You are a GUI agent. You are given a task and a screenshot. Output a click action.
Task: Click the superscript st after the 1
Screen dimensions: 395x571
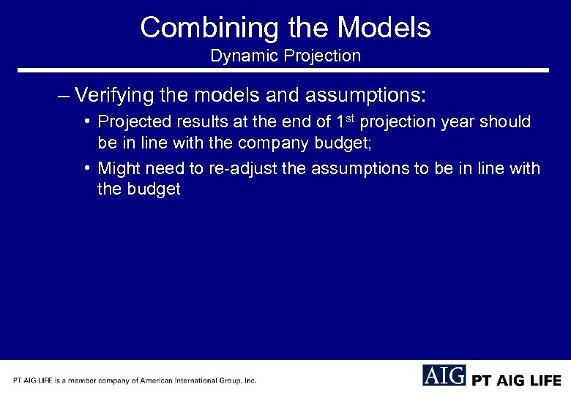(x=350, y=117)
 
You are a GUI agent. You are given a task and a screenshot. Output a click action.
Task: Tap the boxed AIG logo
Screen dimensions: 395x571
(x=444, y=376)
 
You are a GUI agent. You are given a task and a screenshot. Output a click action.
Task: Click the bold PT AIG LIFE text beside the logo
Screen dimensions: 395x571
(x=517, y=380)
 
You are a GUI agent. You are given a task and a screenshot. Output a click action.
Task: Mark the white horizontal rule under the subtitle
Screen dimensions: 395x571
(x=283, y=70)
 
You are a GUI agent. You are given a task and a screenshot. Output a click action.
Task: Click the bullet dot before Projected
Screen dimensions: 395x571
(x=87, y=121)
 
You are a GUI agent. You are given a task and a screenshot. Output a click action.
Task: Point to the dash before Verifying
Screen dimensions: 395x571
(x=63, y=97)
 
